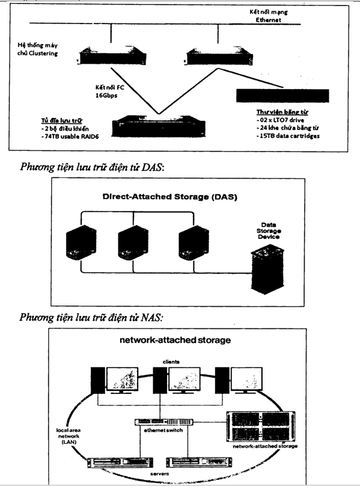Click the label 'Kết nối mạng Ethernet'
pyautogui.click(x=269, y=16)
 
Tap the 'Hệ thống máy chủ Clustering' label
pyautogui.click(x=37, y=49)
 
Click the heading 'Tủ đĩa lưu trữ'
pyautogui.click(x=62, y=120)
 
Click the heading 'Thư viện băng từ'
pyautogui.click(x=282, y=112)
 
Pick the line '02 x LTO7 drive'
pyautogui.click(x=281, y=120)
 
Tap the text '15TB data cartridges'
pyautogui.click(x=288, y=136)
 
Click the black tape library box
pyautogui.click(x=282, y=96)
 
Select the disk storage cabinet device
pyautogui.click(x=158, y=126)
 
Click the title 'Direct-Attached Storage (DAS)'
pyautogui.click(x=169, y=197)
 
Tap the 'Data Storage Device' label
pyautogui.click(x=269, y=230)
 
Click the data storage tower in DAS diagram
pyautogui.click(x=267, y=269)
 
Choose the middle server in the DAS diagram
pyautogui.click(x=133, y=243)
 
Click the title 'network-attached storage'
pyautogui.click(x=175, y=340)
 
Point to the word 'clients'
pyautogui.click(x=171, y=361)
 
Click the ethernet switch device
pyautogui.click(x=164, y=422)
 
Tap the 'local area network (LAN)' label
pyautogui.click(x=69, y=436)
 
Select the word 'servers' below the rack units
pyautogui.click(x=159, y=473)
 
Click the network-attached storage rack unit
pyautogui.click(x=261, y=427)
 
